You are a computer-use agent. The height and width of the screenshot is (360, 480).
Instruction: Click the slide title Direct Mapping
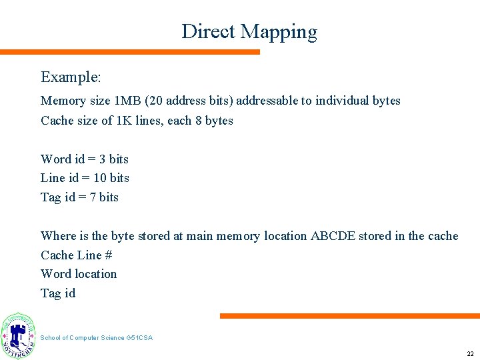pos(249,31)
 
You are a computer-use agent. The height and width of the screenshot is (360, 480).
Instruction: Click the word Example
pos(71,77)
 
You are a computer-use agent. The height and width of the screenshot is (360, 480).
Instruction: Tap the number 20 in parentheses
pos(155,101)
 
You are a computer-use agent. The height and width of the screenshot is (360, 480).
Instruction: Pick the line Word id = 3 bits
pos(85,159)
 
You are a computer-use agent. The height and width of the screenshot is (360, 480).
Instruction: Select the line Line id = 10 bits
pos(85,178)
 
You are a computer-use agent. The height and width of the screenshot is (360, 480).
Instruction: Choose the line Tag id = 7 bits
pos(79,197)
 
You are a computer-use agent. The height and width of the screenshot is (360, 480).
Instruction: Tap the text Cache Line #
pos(76,255)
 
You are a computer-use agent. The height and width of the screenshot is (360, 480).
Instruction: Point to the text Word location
pos(79,274)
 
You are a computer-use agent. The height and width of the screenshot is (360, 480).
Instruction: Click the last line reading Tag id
pos(58,293)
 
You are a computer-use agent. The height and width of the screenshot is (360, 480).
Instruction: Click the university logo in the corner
pos(18,335)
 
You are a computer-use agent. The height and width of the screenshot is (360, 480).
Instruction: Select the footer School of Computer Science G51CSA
pos(96,338)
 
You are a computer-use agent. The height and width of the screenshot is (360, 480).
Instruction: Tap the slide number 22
pos(470,354)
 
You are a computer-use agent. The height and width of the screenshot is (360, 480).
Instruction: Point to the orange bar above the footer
pos(349,316)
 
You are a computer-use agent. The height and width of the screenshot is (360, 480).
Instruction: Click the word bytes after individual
pos(386,101)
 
